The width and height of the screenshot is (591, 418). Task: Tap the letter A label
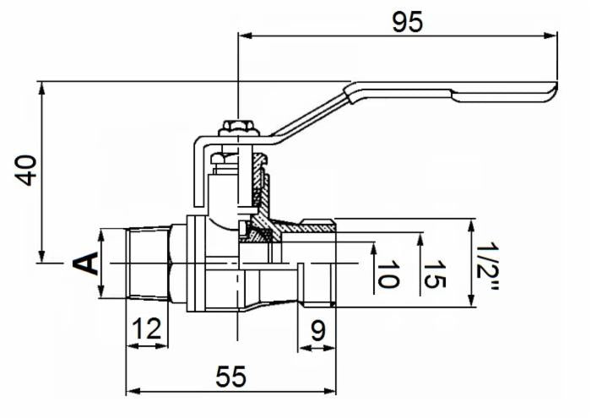(87, 263)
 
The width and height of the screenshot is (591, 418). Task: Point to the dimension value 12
(147, 329)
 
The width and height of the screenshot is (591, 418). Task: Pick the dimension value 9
(317, 329)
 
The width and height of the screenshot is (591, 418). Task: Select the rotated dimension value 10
(386, 275)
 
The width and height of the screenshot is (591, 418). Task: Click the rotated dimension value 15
(432, 275)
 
